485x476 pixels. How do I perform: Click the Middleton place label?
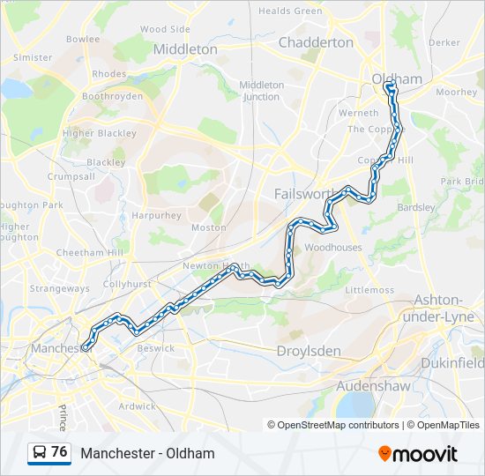click(185, 49)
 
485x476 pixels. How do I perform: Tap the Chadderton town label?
click(316, 42)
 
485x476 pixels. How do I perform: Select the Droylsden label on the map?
click(309, 351)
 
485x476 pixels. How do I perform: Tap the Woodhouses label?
click(333, 248)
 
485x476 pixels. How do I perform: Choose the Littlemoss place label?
click(369, 290)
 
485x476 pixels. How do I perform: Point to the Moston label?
click(209, 227)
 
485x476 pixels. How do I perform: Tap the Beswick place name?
click(155, 348)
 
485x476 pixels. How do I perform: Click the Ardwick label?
click(137, 406)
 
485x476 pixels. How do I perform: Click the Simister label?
click(33, 57)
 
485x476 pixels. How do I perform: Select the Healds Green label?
click(290, 11)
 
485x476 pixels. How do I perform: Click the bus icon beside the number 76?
click(40, 452)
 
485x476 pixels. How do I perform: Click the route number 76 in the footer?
click(59, 452)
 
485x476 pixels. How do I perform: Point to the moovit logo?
click(418, 454)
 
